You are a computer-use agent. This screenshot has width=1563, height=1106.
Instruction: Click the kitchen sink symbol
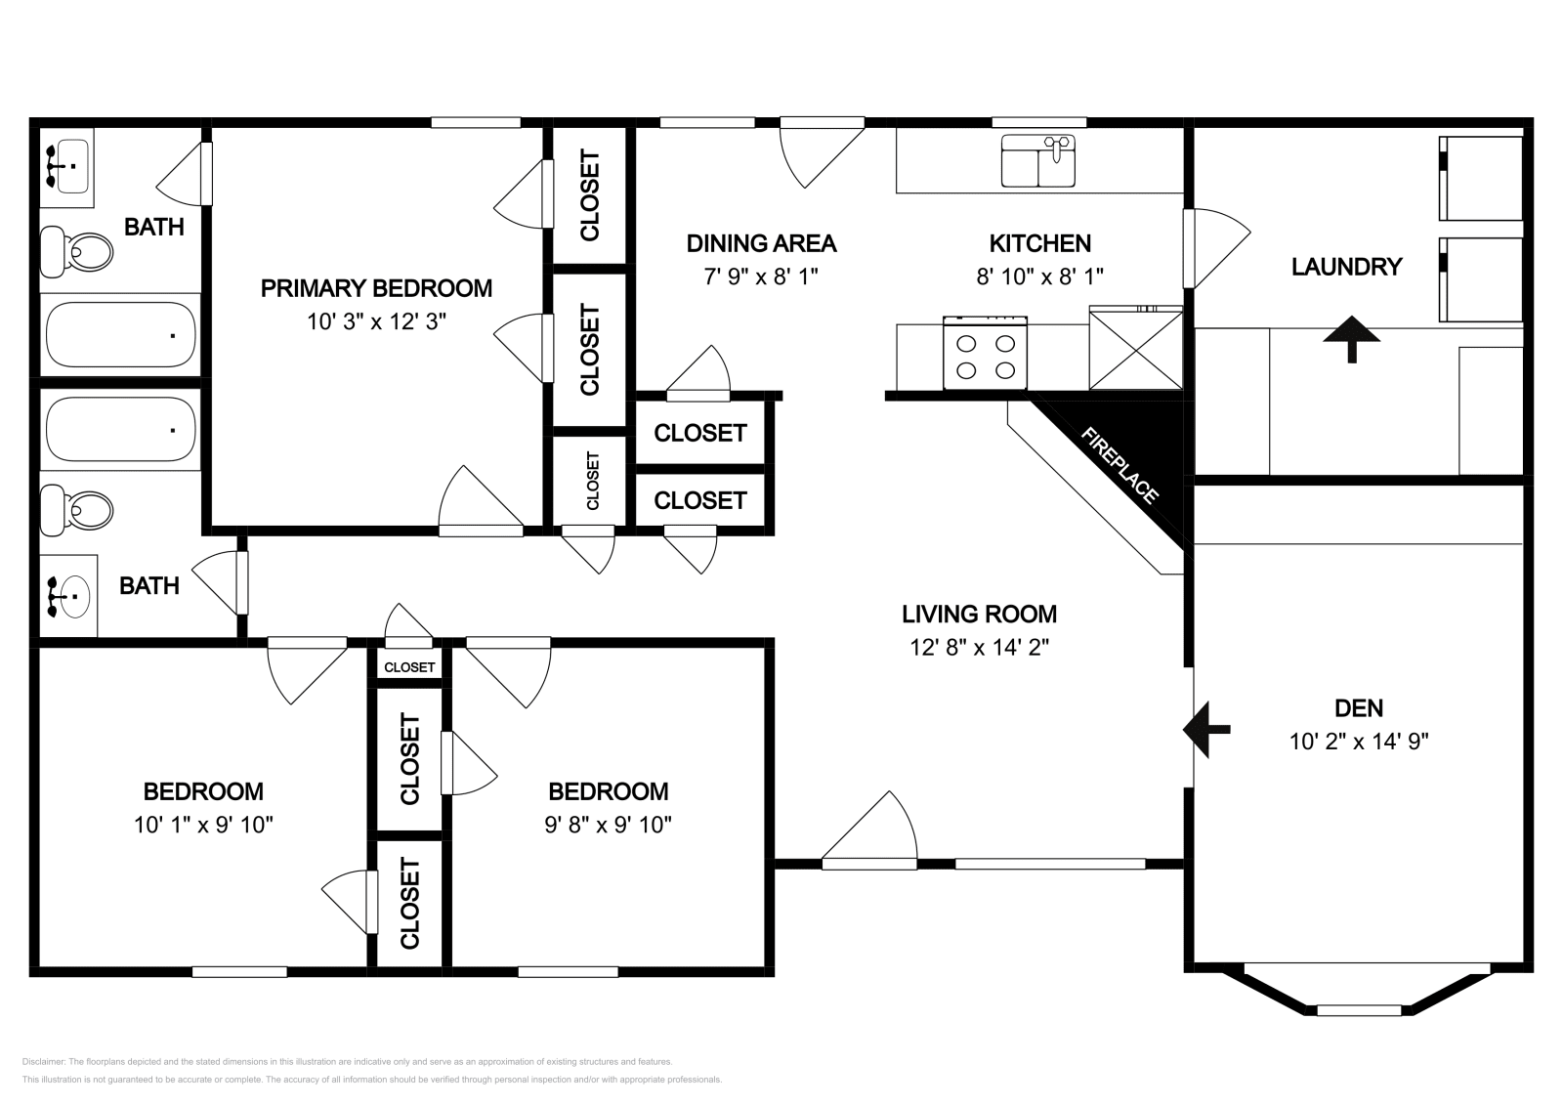point(1037,161)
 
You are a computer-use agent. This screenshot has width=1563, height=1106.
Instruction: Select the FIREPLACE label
point(1119,465)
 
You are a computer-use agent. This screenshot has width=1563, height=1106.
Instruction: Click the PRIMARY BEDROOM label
point(376,288)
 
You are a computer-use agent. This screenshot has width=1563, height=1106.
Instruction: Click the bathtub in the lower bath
point(120,429)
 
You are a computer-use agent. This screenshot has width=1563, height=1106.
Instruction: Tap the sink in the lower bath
point(67,595)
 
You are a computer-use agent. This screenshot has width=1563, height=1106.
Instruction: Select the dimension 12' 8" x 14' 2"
point(979,647)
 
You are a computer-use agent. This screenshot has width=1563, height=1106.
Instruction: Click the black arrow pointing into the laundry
point(1352,338)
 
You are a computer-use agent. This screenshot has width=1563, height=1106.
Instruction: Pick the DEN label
point(1358,707)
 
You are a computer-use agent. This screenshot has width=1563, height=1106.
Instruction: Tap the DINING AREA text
point(761,243)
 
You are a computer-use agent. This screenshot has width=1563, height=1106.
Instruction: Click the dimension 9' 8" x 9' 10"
point(608,825)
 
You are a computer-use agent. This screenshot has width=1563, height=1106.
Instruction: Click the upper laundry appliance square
point(1481,179)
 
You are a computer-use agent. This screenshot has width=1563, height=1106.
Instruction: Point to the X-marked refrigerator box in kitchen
point(1135,349)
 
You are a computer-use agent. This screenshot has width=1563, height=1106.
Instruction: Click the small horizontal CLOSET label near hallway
point(408,667)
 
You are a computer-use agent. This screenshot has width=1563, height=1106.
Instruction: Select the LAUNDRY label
point(1346,267)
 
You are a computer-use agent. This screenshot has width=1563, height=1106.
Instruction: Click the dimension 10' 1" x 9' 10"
point(203,825)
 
